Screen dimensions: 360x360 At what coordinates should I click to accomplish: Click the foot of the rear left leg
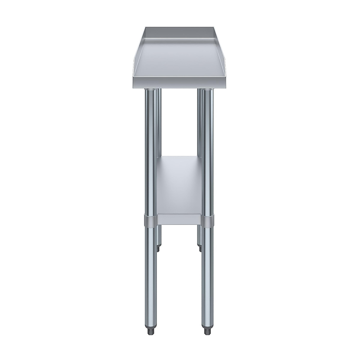click(158, 248)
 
